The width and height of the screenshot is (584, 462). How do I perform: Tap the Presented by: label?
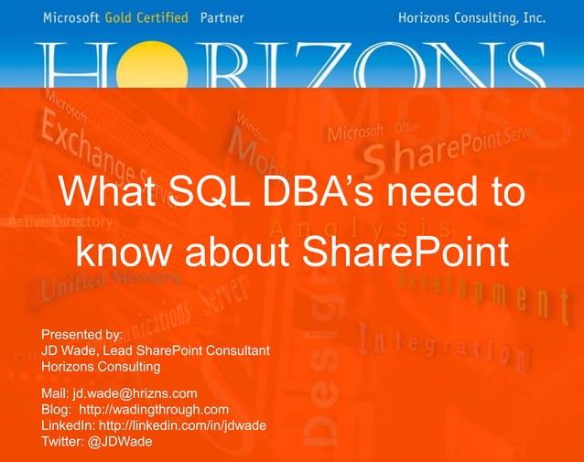[x=82, y=334]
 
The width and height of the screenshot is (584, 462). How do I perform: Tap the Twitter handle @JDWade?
[x=121, y=442]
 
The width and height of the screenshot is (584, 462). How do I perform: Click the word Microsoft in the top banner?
[x=72, y=16]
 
